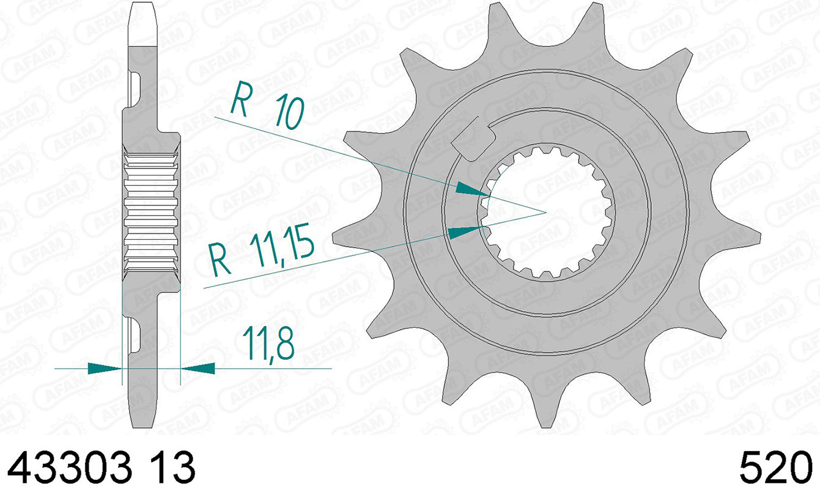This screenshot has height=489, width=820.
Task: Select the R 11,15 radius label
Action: [262, 251]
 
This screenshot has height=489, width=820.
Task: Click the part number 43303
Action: [70, 468]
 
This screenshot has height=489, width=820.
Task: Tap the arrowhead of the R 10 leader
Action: [473, 189]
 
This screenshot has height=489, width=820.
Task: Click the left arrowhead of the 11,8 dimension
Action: [105, 368]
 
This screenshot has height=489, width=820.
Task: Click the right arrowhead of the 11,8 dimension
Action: [198, 368]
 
